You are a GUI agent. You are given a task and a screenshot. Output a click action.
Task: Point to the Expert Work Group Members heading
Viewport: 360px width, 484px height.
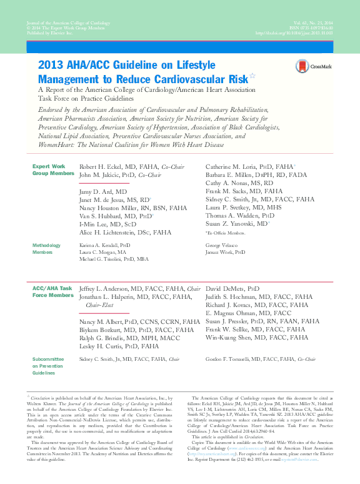[49, 170]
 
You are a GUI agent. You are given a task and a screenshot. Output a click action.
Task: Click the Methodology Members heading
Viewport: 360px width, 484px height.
[47, 250]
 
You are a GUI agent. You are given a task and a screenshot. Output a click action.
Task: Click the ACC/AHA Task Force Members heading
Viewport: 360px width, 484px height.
[52, 291]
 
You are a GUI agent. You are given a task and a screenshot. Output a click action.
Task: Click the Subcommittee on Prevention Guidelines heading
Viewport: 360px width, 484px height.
[48, 366]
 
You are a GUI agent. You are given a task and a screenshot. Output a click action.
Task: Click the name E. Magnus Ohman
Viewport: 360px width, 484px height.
[231, 313]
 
